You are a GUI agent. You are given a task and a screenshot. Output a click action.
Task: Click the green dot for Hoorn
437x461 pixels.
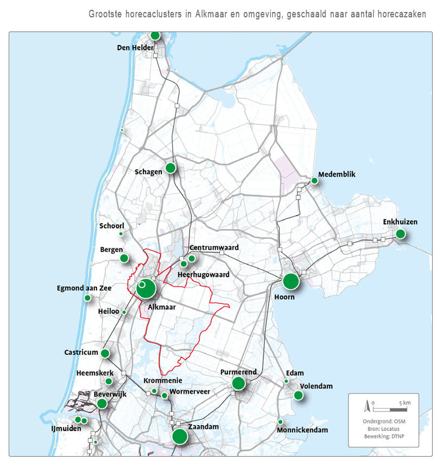(291, 281)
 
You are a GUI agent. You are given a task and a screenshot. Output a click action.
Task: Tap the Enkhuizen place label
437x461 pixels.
(400, 222)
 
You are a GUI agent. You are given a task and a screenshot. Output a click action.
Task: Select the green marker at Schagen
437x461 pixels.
(170, 168)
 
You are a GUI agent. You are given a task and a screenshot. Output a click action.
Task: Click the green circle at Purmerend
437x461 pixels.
(238, 383)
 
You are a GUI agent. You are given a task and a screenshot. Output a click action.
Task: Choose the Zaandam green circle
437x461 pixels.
(180, 437)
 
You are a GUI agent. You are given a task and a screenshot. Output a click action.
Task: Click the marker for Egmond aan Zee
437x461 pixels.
(87, 298)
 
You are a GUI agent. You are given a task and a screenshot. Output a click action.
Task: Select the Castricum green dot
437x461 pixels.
(105, 353)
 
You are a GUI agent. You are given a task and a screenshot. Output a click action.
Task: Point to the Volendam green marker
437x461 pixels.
(298, 395)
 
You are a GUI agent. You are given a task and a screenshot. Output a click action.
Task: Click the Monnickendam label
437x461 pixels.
(302, 430)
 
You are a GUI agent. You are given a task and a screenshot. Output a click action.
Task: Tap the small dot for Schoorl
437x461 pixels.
(121, 234)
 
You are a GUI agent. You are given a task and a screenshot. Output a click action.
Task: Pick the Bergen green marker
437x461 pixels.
(124, 258)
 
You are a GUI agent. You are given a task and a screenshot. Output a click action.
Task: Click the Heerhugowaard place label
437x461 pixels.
(204, 275)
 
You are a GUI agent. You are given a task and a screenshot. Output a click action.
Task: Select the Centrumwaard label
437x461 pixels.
(214, 248)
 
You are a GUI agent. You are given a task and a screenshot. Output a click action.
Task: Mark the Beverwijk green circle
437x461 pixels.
(102, 403)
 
